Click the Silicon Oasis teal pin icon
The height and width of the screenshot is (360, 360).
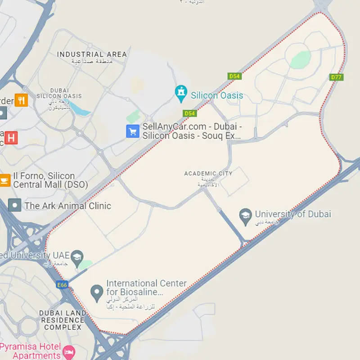(x=181, y=92)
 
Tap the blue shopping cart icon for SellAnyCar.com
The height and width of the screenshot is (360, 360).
(x=132, y=131)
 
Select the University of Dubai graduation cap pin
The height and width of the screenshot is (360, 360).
(x=245, y=216)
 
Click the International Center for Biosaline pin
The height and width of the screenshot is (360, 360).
(x=95, y=292)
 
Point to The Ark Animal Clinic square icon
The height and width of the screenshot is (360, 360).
(x=15, y=206)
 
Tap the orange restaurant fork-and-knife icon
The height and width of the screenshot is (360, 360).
(x=21, y=99)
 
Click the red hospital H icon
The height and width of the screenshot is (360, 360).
(x=12, y=137)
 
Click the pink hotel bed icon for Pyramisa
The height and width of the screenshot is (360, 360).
(x=69, y=351)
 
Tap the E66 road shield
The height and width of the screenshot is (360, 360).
(x=62, y=285)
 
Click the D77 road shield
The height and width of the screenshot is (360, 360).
(x=337, y=77)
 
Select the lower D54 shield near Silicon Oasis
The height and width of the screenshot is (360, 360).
(x=190, y=113)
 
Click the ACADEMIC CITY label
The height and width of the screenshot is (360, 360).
(x=208, y=173)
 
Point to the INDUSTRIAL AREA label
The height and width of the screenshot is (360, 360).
(x=92, y=54)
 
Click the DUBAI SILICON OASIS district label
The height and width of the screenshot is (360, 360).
(x=59, y=93)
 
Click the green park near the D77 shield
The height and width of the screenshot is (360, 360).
(x=300, y=59)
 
